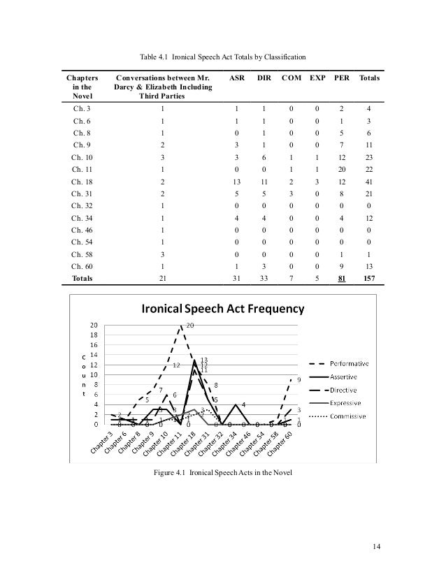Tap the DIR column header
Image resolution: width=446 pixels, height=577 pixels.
click(x=264, y=80)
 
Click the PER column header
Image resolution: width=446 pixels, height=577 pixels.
click(x=342, y=80)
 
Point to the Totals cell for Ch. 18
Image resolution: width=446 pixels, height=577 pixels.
click(x=368, y=181)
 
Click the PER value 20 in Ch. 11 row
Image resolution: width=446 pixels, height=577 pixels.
click(x=342, y=169)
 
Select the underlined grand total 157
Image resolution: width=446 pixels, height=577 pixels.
click(x=368, y=277)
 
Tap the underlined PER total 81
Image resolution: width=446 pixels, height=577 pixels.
click(x=342, y=277)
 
